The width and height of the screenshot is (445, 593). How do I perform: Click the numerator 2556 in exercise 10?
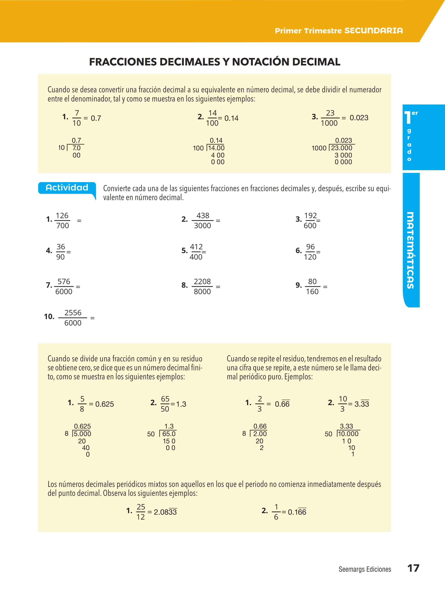click(x=73, y=313)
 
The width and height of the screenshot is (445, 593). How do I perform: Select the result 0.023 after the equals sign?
click(x=359, y=118)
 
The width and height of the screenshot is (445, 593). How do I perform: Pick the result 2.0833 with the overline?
click(x=165, y=512)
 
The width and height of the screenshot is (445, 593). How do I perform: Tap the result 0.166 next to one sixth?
click(x=297, y=512)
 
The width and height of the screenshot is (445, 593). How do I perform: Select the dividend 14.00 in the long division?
click(x=216, y=148)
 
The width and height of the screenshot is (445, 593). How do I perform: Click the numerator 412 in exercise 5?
click(x=196, y=247)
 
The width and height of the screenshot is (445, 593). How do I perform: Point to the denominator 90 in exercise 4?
click(x=60, y=257)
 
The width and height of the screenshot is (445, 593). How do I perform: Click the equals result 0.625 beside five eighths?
click(x=105, y=404)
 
